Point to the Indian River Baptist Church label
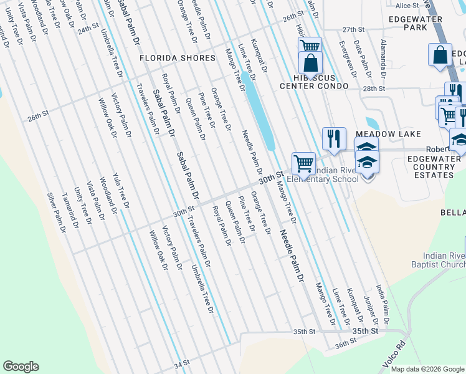(x=444, y=260)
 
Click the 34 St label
(x=181, y=363)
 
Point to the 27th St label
(x=353, y=29)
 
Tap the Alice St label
(x=407, y=5)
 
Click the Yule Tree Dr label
(x=121, y=190)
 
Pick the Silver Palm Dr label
(x=56, y=213)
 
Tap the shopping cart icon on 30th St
(x=303, y=163)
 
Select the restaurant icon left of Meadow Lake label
(x=334, y=138)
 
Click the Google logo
(x=21, y=367)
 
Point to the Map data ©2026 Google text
(x=427, y=369)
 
